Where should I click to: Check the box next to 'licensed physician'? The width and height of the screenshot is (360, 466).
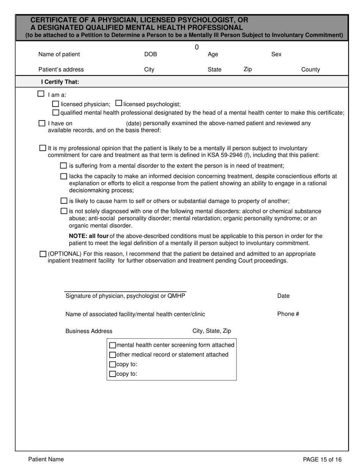(x=55, y=104)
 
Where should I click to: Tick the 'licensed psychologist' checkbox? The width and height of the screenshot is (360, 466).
(x=119, y=103)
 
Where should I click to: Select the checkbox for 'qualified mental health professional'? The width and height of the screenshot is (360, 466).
(x=56, y=113)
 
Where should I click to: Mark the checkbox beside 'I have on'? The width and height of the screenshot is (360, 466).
(x=42, y=123)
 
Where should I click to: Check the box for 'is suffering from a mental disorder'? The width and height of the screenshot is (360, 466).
(x=64, y=166)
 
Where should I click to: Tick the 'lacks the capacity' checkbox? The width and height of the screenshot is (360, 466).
(x=64, y=176)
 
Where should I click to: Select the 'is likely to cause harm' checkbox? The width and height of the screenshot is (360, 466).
(x=64, y=201)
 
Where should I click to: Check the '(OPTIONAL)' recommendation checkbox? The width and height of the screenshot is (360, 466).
(x=43, y=254)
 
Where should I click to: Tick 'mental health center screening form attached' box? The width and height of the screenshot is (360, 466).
(x=113, y=345)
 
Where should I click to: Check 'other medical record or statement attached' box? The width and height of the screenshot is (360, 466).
(x=113, y=355)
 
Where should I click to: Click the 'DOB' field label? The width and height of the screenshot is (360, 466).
(x=150, y=54)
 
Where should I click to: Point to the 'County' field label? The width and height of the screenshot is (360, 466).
(x=310, y=69)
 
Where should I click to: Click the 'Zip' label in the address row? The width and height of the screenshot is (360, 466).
(x=247, y=69)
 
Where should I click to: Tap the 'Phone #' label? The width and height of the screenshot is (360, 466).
(x=288, y=314)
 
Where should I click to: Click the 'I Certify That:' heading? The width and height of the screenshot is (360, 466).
(x=60, y=82)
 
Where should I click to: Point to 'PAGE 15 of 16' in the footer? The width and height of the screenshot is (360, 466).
(x=322, y=460)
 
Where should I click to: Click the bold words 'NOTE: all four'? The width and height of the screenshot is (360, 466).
(x=89, y=236)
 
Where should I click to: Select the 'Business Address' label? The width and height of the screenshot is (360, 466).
(x=89, y=331)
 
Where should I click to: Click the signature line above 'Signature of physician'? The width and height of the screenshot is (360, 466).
(x=125, y=291)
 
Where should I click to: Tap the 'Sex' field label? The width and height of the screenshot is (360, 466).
(x=276, y=54)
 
